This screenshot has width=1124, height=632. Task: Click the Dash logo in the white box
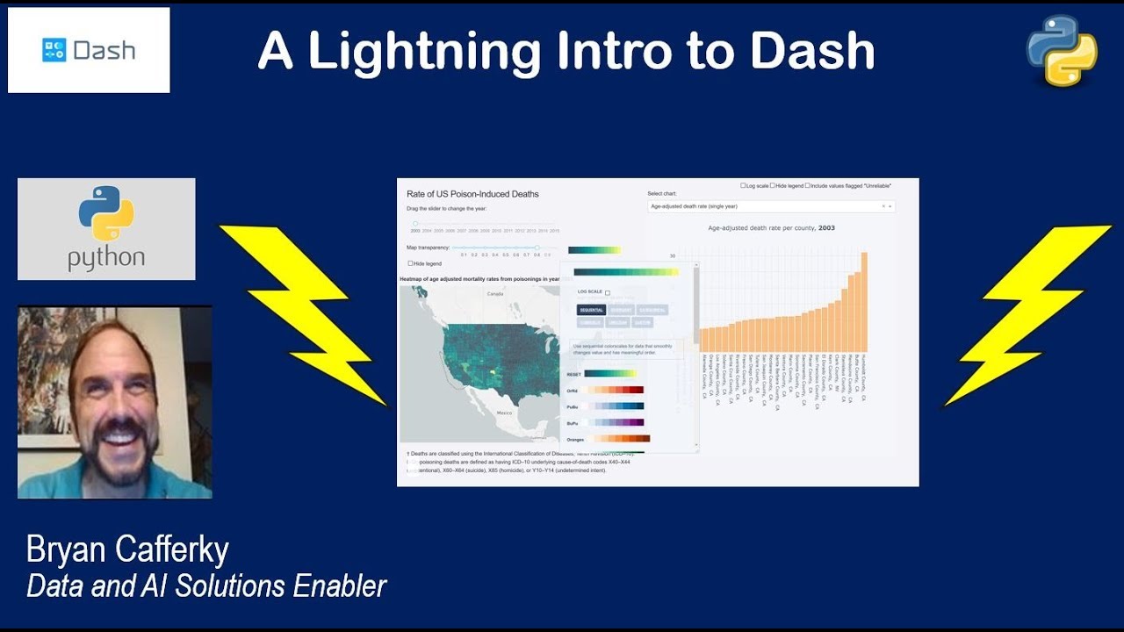click(89, 50)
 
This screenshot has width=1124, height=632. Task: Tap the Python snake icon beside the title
click(1062, 50)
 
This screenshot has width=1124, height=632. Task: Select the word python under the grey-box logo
click(106, 258)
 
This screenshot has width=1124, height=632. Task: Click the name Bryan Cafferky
click(127, 550)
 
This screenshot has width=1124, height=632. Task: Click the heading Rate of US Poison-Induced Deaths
click(472, 193)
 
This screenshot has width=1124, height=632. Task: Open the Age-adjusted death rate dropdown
click(770, 206)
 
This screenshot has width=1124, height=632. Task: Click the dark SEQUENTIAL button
click(590, 310)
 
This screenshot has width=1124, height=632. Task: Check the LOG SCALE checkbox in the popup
click(608, 292)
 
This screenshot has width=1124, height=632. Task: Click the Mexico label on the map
click(504, 412)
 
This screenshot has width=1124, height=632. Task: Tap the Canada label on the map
click(494, 294)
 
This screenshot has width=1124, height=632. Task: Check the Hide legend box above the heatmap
click(410, 263)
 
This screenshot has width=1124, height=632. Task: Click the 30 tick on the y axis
click(673, 256)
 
